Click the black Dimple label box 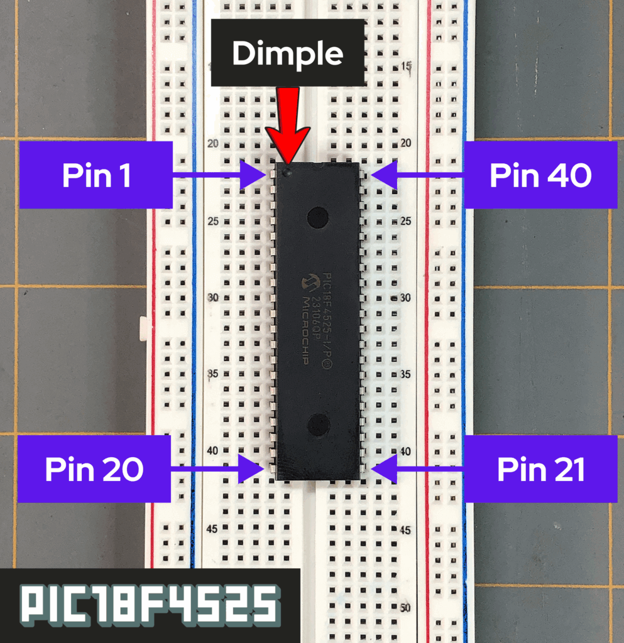(288, 53)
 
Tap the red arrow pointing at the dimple (288, 126)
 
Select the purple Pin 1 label (96, 175)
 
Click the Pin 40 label (540, 175)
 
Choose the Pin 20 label (94, 468)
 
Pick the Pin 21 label (541, 468)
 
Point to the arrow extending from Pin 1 (220, 175)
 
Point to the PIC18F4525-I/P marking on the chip (328, 320)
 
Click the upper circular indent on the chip (318, 217)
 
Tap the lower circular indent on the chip (319, 424)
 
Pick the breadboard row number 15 (407, 66)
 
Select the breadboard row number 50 (406, 608)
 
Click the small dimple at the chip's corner (287, 170)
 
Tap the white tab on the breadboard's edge (143, 327)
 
